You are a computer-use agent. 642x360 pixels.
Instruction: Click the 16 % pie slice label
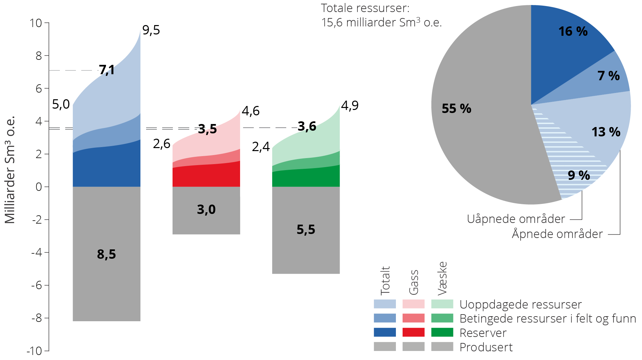pyautogui.click(x=573, y=31)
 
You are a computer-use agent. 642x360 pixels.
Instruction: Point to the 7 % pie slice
pyautogui.click(x=609, y=76)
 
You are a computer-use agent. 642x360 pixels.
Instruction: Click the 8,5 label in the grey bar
pyautogui.click(x=106, y=254)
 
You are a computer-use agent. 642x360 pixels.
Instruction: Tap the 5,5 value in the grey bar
pyautogui.click(x=306, y=230)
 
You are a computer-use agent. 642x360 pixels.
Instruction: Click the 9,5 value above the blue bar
pyautogui.click(x=151, y=30)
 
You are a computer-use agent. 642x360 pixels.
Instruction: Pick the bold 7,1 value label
pyautogui.click(x=107, y=70)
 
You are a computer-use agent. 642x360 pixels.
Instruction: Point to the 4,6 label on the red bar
pyautogui.click(x=250, y=111)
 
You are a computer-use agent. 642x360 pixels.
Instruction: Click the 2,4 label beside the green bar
pyautogui.click(x=261, y=147)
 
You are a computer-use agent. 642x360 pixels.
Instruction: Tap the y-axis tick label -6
pyautogui.click(x=36, y=285)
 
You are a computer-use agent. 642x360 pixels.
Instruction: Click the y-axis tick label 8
pyautogui.click(x=39, y=56)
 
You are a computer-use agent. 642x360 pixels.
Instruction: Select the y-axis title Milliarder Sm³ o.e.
pyautogui.click(x=10, y=170)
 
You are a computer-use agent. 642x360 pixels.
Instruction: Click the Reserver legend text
pyautogui.click(x=483, y=333)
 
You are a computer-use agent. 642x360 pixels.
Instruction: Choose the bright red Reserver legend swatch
pyautogui.click(x=413, y=332)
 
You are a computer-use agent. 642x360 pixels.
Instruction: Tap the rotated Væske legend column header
pyautogui.click(x=442, y=278)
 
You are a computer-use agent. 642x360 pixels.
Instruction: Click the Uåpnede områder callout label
pyautogui.click(x=516, y=219)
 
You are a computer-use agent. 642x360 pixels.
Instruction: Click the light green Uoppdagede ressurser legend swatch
pyautogui.click(x=442, y=304)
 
